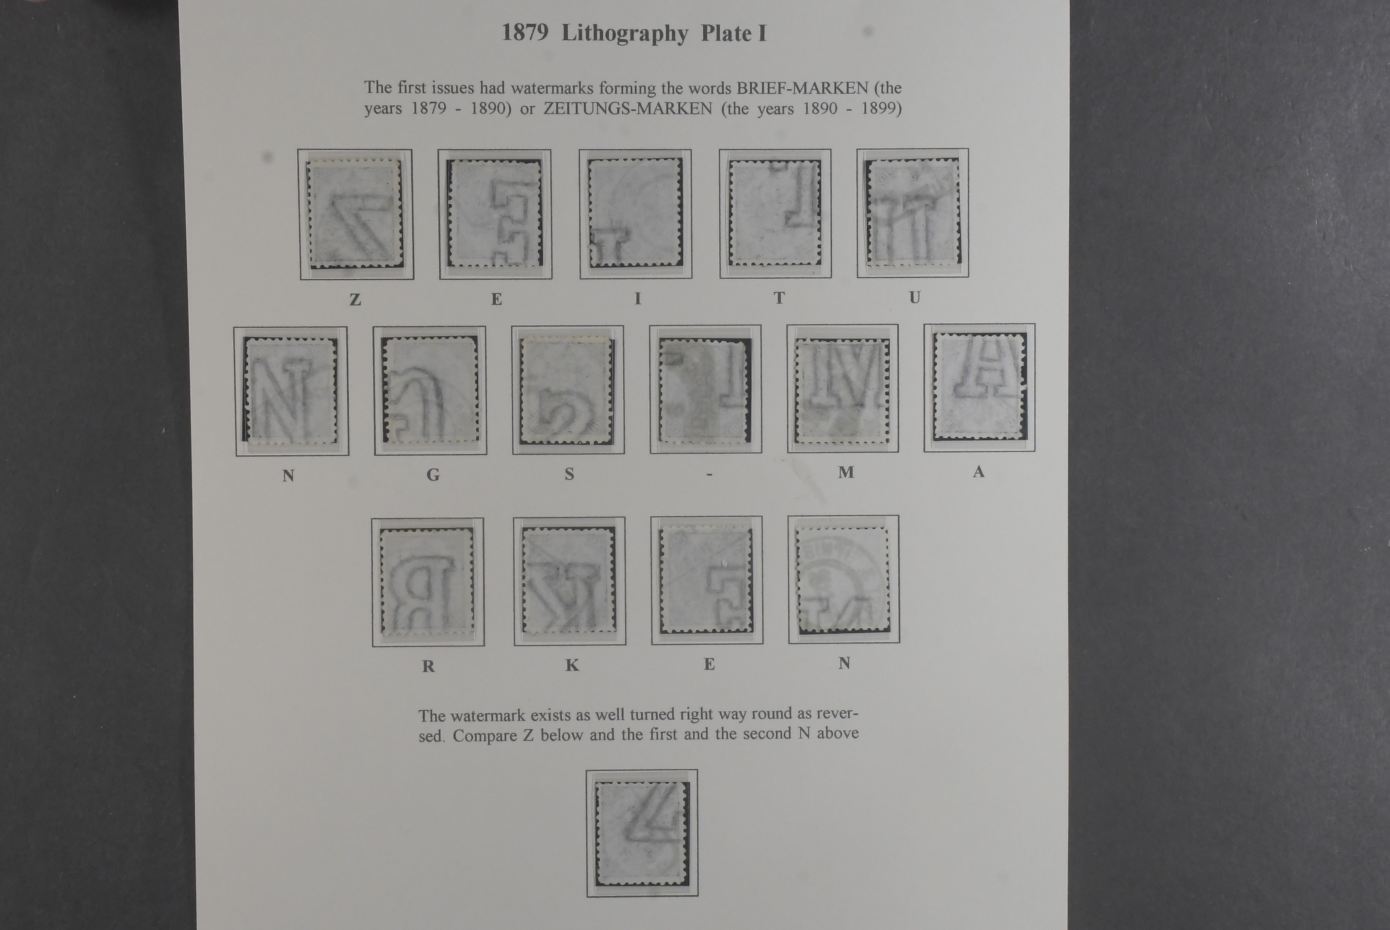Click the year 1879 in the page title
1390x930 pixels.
point(525,33)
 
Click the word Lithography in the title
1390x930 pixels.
point(624,34)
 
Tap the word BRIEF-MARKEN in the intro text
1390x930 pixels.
point(803,88)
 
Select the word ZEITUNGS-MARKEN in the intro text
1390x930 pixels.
point(628,108)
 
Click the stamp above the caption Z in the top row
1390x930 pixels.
point(355,213)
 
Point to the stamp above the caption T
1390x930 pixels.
point(775,213)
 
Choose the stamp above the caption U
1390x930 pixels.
point(913,212)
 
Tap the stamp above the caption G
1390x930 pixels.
point(430,390)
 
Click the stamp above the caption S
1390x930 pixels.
point(567,390)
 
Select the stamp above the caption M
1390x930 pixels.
point(843,391)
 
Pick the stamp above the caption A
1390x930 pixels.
point(979,386)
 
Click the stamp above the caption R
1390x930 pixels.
point(427,583)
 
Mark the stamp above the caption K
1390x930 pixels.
point(569,581)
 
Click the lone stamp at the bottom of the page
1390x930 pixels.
point(642,833)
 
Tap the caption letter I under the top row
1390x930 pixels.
point(638,298)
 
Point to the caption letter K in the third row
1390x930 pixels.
point(572,665)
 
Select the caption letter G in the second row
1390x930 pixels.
point(433,475)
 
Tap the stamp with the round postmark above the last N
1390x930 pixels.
point(843,580)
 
